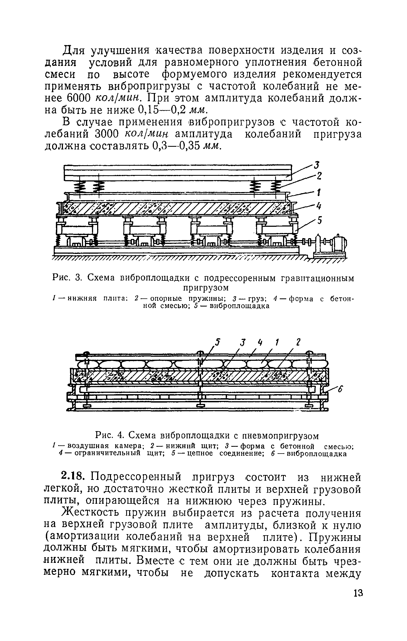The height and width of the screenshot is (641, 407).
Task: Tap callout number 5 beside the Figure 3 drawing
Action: coord(319,221)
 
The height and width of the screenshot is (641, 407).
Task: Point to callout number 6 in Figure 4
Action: coord(340,390)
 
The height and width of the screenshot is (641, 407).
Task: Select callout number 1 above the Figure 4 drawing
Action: coord(277,343)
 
